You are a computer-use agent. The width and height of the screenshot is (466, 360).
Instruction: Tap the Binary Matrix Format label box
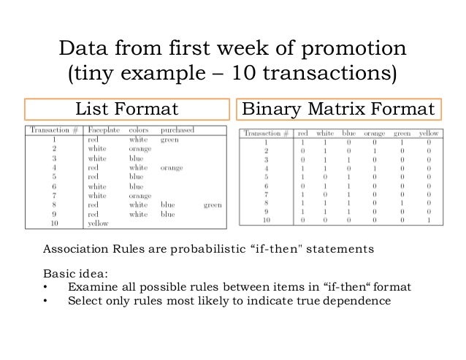click(338, 110)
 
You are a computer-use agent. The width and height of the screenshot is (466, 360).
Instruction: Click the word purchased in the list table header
click(179, 129)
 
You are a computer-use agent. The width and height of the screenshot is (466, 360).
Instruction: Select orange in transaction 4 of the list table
click(172, 167)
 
